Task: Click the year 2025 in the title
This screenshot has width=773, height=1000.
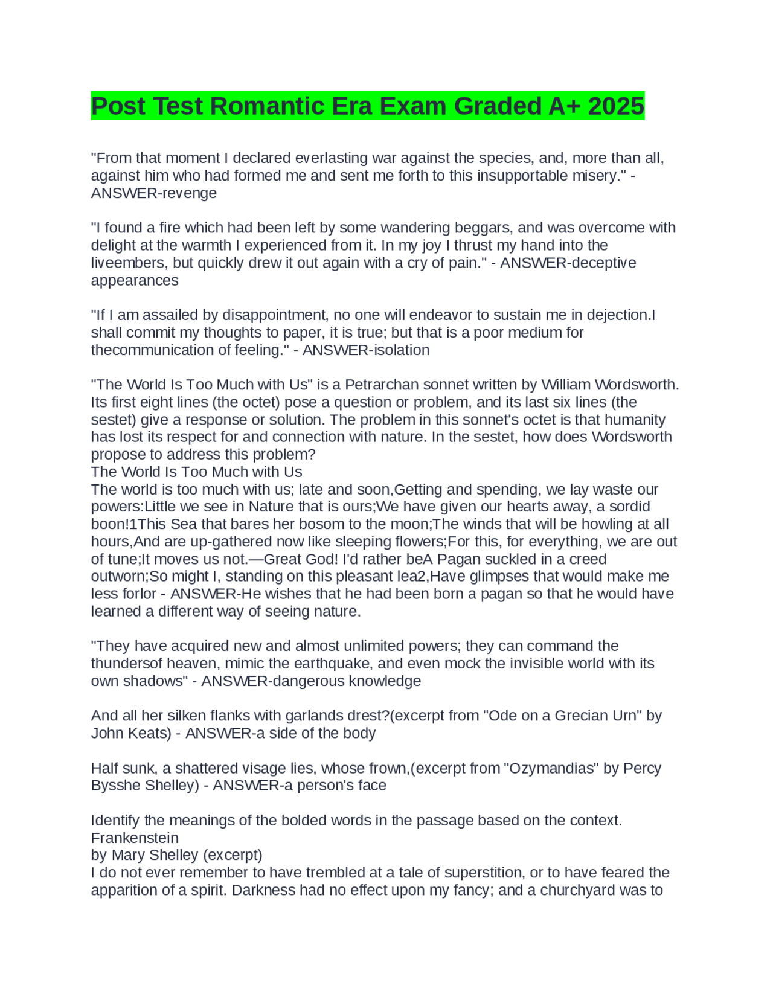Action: point(616,106)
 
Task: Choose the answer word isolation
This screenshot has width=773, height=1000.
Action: point(400,350)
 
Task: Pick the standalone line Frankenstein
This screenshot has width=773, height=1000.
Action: point(135,838)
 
